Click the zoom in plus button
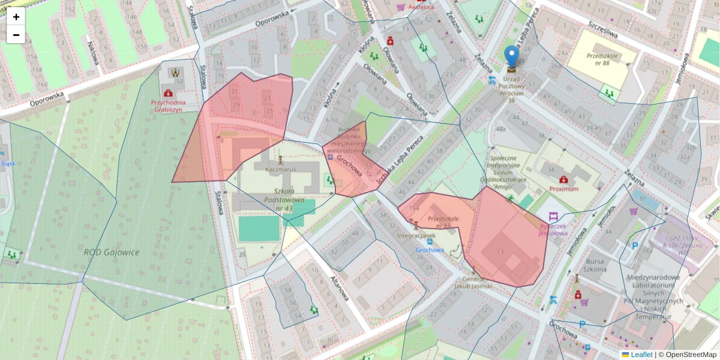(x=16, y=17)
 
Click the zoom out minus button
(x=16, y=35)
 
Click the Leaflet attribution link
(x=641, y=355)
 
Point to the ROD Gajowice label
(x=111, y=252)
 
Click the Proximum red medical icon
(x=563, y=179)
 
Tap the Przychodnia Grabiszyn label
(x=169, y=106)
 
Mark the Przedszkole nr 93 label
(x=443, y=222)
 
